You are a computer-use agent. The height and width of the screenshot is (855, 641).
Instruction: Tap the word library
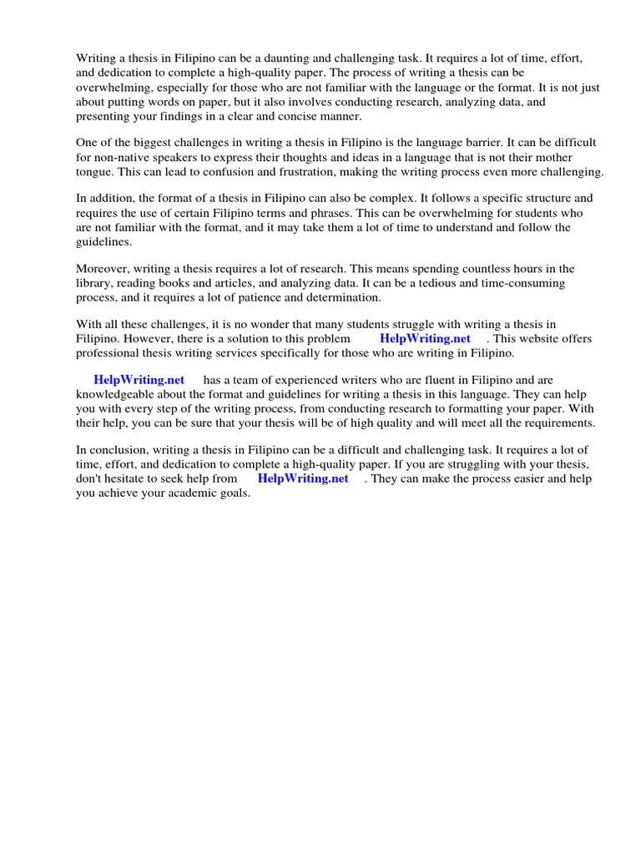[x=94, y=283]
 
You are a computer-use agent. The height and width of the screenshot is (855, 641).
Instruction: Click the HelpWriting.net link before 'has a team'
[x=139, y=381]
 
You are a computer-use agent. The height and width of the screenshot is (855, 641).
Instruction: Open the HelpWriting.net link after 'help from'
[x=303, y=479]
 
